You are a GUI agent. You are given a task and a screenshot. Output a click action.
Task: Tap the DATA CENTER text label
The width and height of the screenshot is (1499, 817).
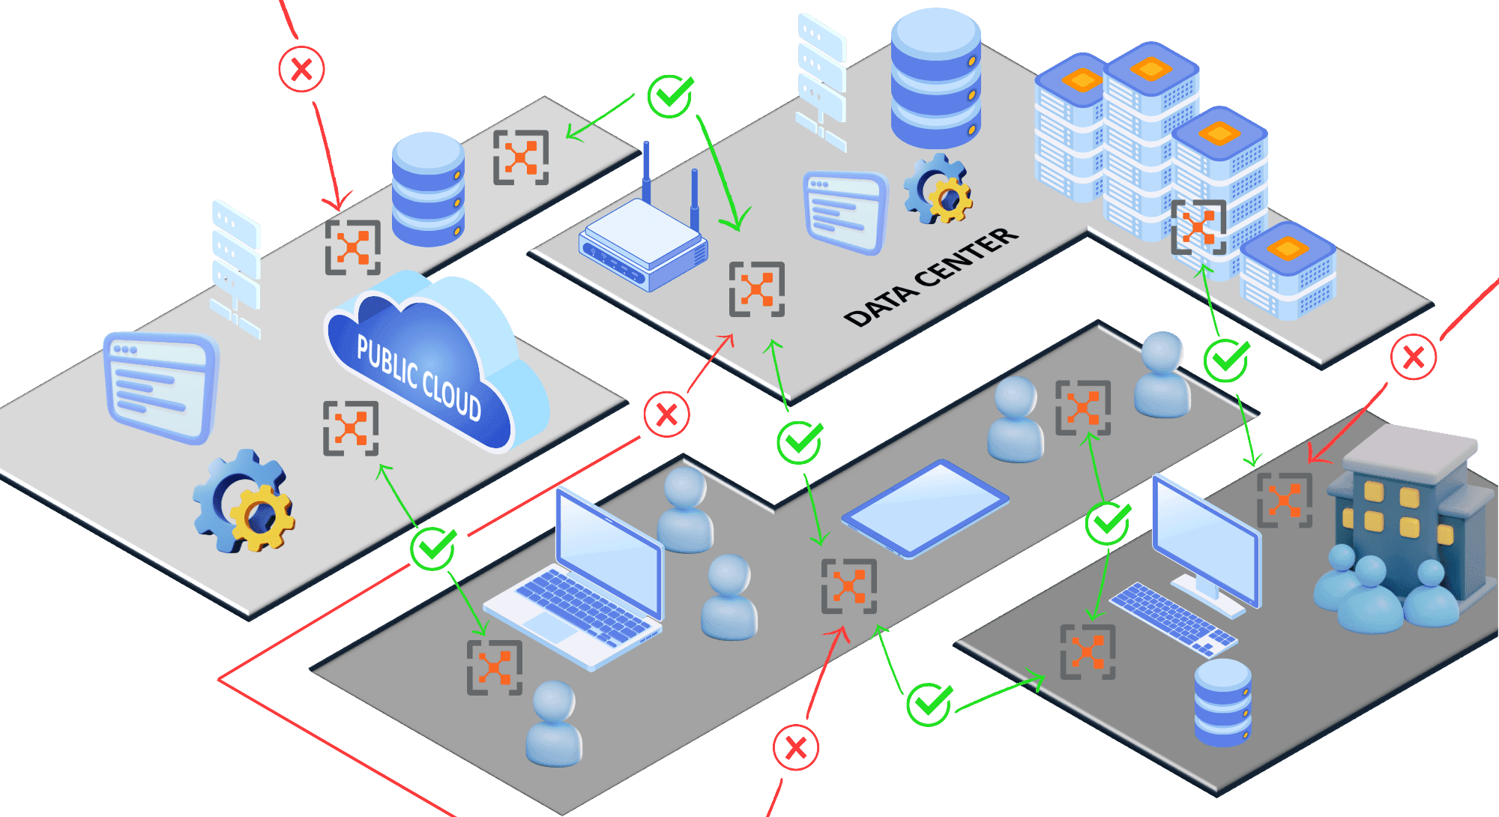[x=931, y=277]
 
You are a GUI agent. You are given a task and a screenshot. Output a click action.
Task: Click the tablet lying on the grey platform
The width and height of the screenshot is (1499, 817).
[x=925, y=508]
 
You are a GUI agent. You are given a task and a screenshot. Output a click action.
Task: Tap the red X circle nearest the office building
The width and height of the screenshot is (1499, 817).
[x=1414, y=357]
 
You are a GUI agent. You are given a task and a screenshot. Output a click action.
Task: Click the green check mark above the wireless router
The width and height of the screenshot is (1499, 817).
[x=670, y=96]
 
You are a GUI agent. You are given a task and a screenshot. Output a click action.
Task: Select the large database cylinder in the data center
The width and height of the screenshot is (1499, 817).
[x=936, y=79]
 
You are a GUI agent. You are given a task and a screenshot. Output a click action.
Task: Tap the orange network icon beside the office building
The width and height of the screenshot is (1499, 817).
[x=1285, y=500]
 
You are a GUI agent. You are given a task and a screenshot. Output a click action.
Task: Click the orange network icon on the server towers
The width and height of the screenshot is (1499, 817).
[x=1198, y=227]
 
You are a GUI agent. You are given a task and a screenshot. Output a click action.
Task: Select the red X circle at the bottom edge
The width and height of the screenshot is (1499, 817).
[x=796, y=747]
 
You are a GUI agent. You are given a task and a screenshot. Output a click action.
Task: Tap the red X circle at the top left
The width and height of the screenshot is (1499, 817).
[x=301, y=69]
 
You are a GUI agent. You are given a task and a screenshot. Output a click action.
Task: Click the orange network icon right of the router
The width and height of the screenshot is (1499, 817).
[x=757, y=289]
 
